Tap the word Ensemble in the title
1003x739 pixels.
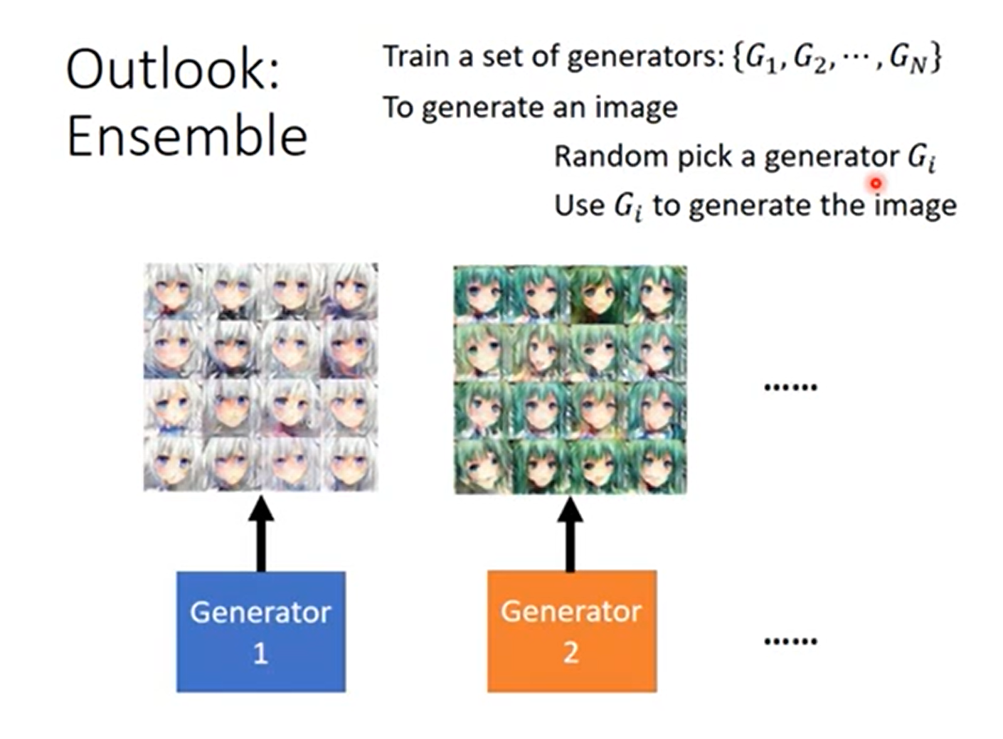(186, 136)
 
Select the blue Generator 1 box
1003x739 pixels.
(260, 631)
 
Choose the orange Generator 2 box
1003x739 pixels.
(571, 631)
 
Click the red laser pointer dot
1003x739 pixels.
(876, 184)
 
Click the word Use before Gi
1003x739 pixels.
(578, 205)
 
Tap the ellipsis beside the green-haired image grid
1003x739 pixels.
(790, 387)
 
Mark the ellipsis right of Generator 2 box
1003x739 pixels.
(790, 641)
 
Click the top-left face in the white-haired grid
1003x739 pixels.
(173, 292)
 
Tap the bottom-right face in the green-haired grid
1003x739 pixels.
(658, 465)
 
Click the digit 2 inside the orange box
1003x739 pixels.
(571, 653)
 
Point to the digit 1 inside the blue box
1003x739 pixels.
(260, 653)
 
